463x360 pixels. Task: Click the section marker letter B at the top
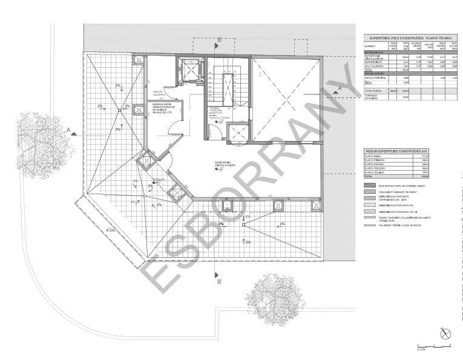tap(220, 40)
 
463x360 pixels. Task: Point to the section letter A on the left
tap(70, 128)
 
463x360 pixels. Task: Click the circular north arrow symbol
tap(446, 333)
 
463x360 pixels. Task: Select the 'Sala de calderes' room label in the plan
tap(159, 93)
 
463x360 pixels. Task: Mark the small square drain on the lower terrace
tap(243, 224)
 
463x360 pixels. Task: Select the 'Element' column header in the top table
tap(370, 46)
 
